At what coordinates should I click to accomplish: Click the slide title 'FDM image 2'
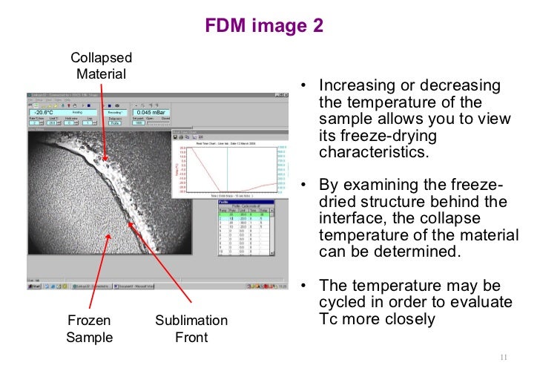tap(264, 27)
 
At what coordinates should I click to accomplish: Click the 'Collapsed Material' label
tap(101, 65)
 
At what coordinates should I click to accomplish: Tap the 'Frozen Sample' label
tap(88, 329)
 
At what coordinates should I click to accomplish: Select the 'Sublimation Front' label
tap(191, 329)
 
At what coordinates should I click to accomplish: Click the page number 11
tap(507, 357)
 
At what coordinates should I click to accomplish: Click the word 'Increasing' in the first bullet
tap(355, 86)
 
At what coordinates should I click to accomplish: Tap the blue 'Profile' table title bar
tap(245, 201)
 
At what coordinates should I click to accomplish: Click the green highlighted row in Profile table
tap(245, 215)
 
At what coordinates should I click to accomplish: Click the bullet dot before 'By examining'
tap(304, 186)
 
